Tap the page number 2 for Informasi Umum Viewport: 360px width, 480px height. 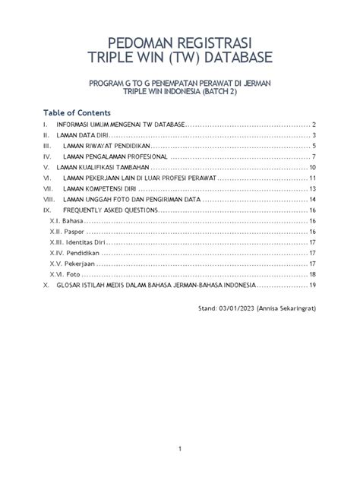tap(313, 124)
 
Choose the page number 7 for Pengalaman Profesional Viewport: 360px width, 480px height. tap(313, 156)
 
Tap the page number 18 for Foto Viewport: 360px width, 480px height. tap(311, 274)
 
